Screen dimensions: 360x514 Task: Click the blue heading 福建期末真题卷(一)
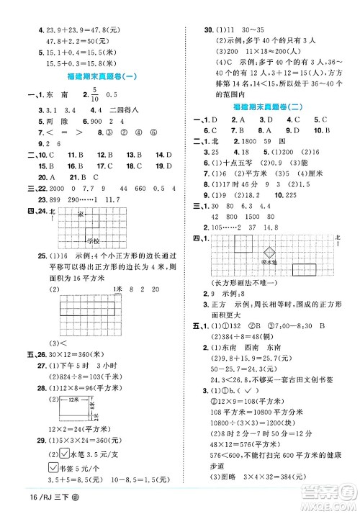(x=94, y=76)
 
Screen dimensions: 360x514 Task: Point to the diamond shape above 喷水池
(x=270, y=253)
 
